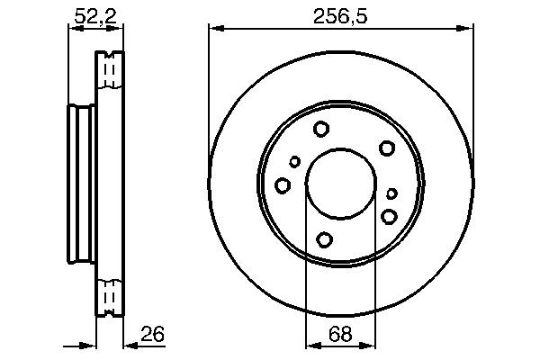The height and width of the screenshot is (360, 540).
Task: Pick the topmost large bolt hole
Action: [x=321, y=130]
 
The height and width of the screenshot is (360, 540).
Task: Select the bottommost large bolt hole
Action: [x=324, y=239]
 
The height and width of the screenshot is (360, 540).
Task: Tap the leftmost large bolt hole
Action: [x=283, y=185]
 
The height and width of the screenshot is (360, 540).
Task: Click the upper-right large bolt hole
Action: [x=387, y=148]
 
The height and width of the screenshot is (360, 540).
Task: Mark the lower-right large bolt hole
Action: [x=389, y=216]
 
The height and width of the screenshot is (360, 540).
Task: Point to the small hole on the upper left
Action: [x=294, y=162]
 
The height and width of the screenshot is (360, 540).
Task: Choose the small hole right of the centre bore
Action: [x=391, y=193]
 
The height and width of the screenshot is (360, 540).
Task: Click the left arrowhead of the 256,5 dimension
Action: [x=214, y=30]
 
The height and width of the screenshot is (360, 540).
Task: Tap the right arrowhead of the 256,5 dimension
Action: [x=465, y=30]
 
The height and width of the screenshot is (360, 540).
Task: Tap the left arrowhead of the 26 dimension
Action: [x=90, y=344]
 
